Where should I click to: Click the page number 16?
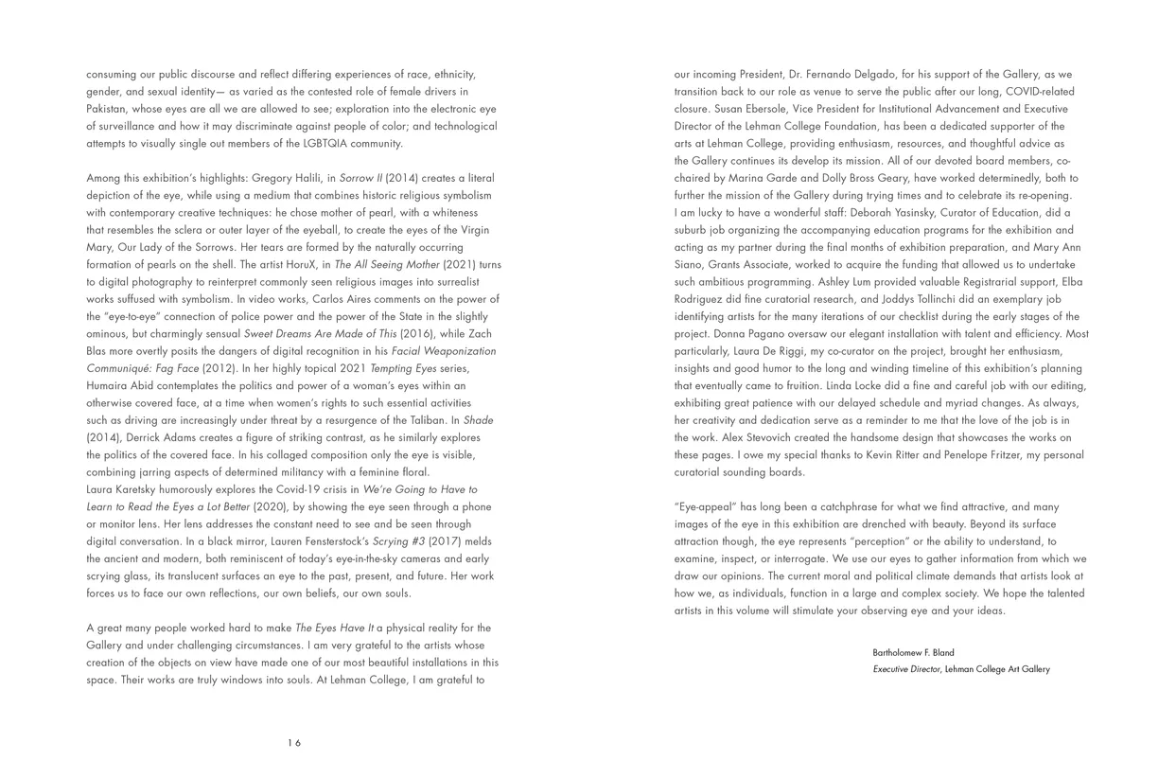tap(294, 743)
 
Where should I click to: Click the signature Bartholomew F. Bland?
tap(913, 652)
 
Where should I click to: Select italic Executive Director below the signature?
tap(906, 669)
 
